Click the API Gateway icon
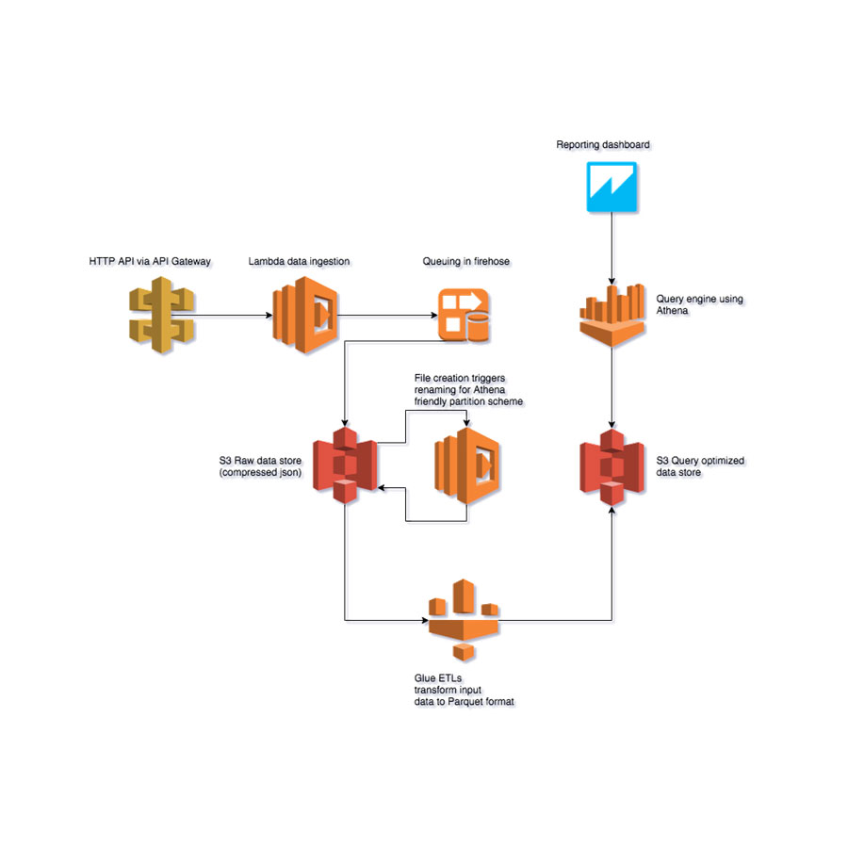point(162,316)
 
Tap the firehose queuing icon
point(463,316)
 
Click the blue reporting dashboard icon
point(612,187)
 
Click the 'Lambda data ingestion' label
point(299,260)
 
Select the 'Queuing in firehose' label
point(463,260)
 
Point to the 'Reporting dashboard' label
point(603,145)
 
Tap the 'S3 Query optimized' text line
point(700,460)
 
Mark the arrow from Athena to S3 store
point(613,386)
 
